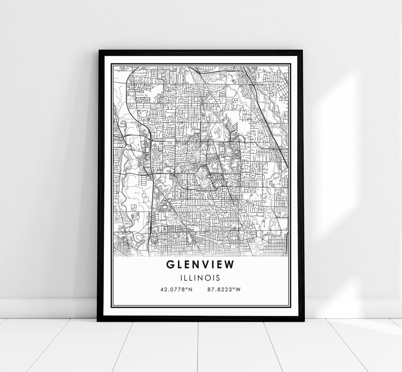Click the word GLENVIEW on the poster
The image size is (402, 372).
pos(201,264)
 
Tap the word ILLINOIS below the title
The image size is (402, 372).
pos(201,278)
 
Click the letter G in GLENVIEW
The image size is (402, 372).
pos(170,264)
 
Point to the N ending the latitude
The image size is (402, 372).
pos(191,289)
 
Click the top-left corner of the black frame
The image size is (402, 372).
pos(99,51)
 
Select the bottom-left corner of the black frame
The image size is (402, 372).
pos(98,320)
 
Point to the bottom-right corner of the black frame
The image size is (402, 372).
pos(303,320)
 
